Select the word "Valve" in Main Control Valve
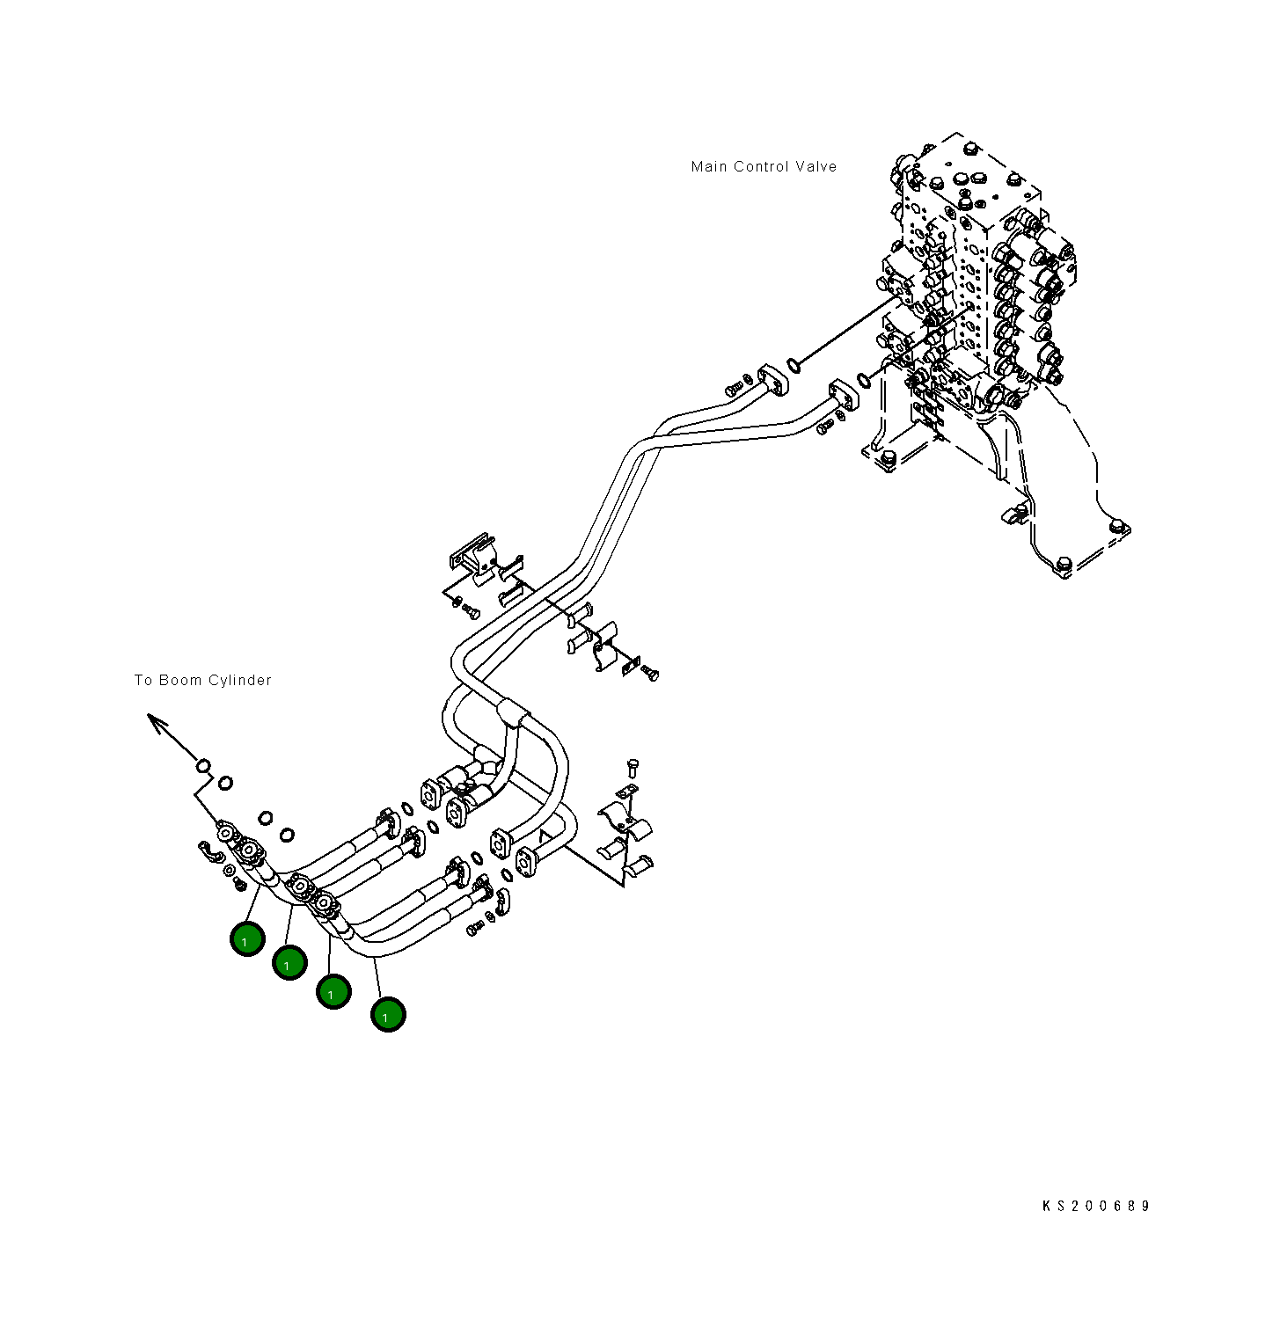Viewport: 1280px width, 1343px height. pos(816,167)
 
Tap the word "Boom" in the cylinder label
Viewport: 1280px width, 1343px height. pos(179,681)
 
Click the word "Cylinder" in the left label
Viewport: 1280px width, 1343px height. pos(239,681)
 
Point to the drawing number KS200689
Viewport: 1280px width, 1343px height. pos(1095,1206)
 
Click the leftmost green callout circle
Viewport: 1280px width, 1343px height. pos(247,939)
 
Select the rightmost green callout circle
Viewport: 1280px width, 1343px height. pos(388,1015)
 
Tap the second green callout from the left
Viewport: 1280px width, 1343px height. pos(289,963)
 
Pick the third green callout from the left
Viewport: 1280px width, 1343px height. pos(333,992)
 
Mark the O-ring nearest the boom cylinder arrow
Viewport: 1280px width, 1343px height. pos(203,766)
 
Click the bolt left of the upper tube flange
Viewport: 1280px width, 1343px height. pos(734,387)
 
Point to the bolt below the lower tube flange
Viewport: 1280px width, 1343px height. pos(825,427)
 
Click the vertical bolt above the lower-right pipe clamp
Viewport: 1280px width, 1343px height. pos(633,768)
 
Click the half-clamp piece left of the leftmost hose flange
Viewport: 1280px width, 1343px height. pos(208,854)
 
